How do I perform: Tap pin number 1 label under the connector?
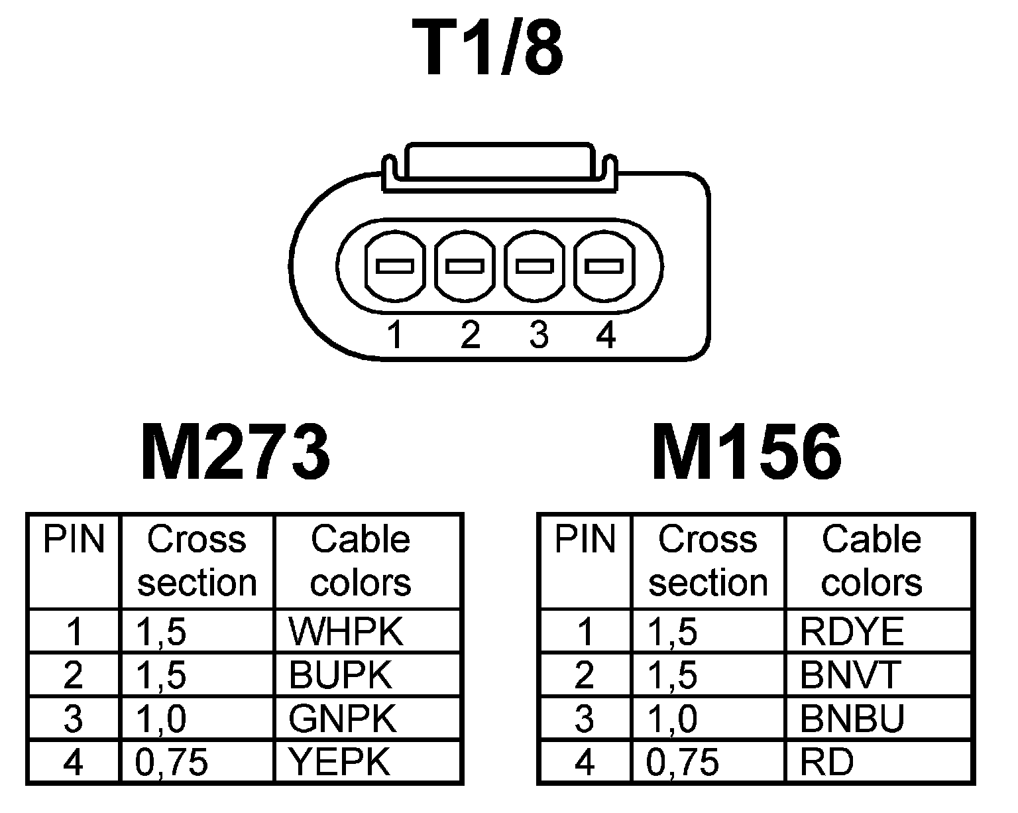[395, 335]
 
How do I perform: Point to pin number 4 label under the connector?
[606, 335]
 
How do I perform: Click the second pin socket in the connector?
[465, 267]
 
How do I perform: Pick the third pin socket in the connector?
[536, 267]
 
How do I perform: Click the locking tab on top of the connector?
[498, 162]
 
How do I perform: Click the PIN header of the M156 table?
[585, 540]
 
